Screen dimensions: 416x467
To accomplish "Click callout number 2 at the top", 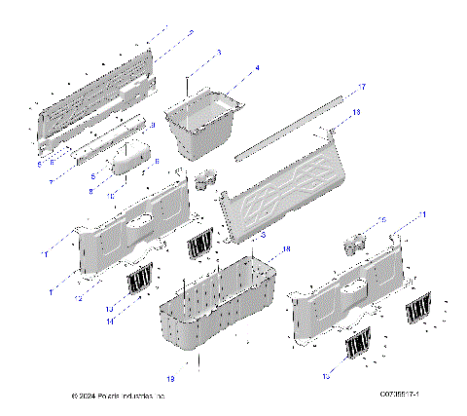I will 192,32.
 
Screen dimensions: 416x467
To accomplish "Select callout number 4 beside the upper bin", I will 257,68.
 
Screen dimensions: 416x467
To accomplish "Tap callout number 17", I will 362,88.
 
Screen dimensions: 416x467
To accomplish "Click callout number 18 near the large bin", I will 285,250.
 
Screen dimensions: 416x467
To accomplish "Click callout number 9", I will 153,126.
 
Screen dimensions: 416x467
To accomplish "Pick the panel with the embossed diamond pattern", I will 287,190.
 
